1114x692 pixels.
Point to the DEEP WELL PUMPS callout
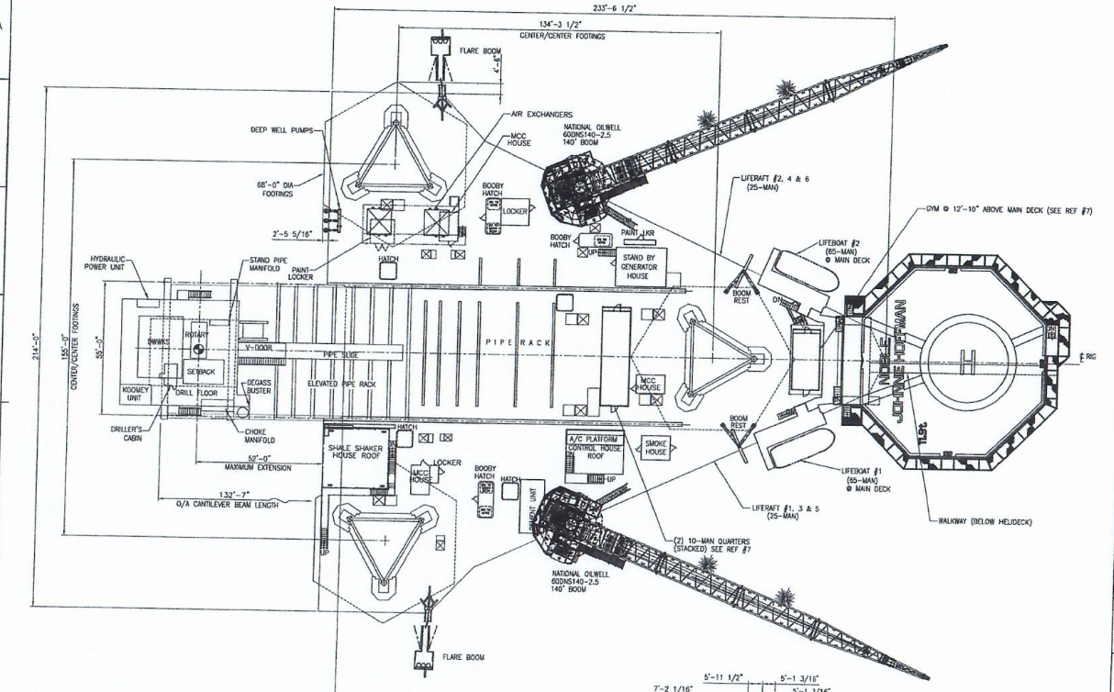[282, 130]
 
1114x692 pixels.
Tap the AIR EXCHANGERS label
[542, 115]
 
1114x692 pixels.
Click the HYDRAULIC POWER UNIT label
[112, 264]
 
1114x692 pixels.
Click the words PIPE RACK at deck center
[518, 341]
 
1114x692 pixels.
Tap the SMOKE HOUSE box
[655, 447]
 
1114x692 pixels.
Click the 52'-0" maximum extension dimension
[258, 457]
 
